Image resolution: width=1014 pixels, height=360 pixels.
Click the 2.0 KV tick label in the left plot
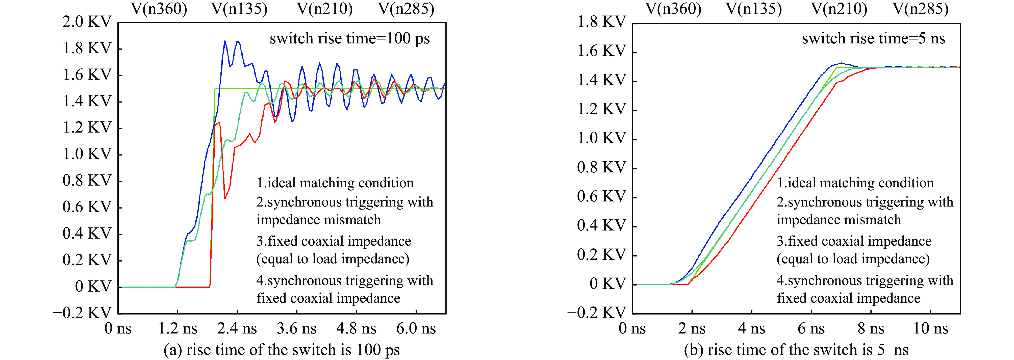click(87, 22)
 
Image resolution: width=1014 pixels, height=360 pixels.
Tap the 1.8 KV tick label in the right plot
click(601, 22)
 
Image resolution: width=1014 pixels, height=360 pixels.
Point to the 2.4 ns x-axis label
click(237, 328)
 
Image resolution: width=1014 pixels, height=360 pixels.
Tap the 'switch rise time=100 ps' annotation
click(349, 39)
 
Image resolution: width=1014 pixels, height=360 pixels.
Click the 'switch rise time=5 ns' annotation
click(873, 39)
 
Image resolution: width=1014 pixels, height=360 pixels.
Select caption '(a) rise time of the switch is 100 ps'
click(282, 350)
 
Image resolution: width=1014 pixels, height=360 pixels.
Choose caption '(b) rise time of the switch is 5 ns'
click(796, 350)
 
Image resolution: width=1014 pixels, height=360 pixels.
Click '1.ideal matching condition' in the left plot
click(335, 183)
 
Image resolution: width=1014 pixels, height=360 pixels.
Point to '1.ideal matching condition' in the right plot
click(855, 183)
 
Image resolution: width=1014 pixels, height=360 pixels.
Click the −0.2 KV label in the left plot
click(82, 313)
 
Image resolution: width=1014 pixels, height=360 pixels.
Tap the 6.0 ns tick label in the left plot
click(416, 328)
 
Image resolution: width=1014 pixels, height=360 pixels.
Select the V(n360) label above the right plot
click(673, 9)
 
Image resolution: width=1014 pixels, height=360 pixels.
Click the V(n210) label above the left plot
click(325, 9)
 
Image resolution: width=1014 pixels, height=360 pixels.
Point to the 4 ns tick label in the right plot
click(751, 328)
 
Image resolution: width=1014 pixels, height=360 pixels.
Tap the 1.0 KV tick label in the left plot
click(87, 154)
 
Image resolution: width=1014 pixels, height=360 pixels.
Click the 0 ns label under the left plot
click(118, 328)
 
